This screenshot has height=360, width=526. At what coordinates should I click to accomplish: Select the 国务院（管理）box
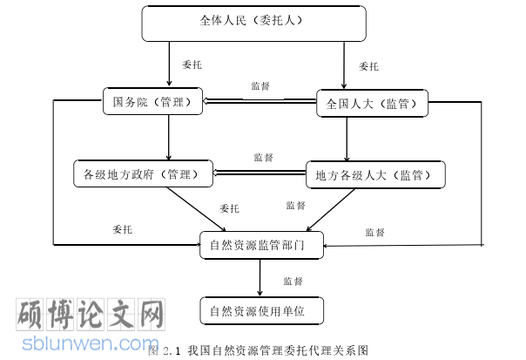[152, 102]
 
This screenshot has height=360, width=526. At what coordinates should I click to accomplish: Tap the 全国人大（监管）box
[372, 104]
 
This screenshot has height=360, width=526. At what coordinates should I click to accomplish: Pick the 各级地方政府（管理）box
[144, 173]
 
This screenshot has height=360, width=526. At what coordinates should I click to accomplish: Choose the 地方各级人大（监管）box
[374, 175]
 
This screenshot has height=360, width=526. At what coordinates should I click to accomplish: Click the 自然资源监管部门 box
[260, 244]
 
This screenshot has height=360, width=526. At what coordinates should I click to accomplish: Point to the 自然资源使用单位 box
[261, 309]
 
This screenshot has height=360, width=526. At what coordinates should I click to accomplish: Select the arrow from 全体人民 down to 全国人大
[347, 65]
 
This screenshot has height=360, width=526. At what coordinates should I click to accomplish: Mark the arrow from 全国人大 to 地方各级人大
[347, 139]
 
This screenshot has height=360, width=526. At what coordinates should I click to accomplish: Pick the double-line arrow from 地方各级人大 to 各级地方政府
[260, 173]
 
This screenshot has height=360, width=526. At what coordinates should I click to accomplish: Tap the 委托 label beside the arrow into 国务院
[192, 65]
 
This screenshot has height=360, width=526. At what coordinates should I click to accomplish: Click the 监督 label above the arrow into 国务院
[260, 85]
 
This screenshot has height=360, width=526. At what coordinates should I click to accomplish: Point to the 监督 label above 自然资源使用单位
[293, 282]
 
